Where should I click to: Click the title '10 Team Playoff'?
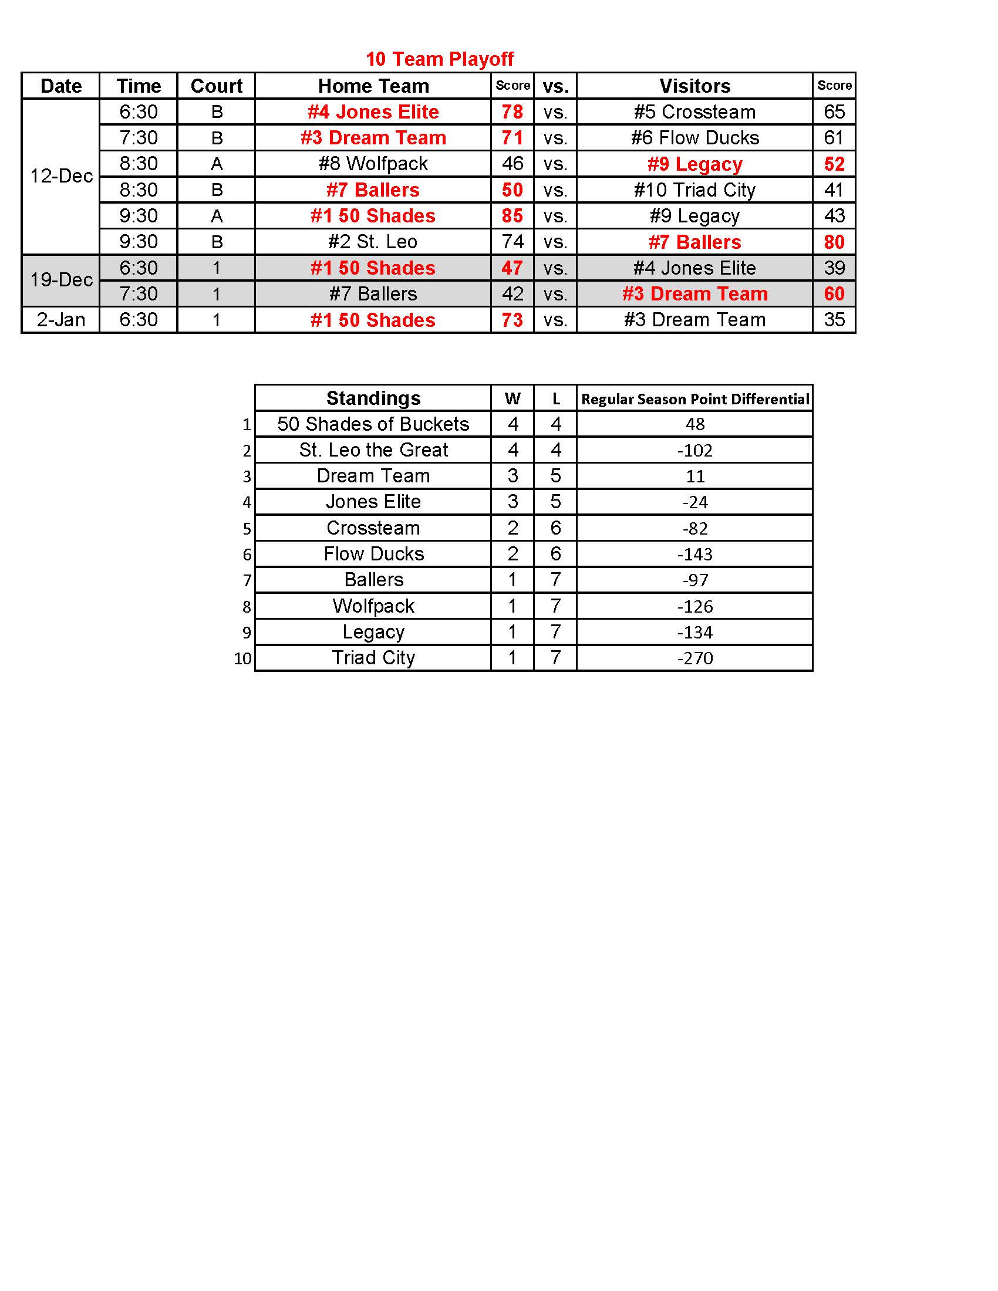point(439,59)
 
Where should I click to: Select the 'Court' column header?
point(217,86)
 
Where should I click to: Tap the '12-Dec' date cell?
point(61,176)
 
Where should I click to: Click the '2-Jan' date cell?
point(61,320)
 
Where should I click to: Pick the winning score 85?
point(512,216)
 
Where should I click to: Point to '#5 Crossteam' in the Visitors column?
point(694,111)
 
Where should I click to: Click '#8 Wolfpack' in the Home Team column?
point(373,164)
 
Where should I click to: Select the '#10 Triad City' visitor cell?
point(694,190)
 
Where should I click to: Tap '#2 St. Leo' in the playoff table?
point(373,242)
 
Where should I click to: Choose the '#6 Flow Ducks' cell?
point(694,138)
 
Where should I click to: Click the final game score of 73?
point(512,320)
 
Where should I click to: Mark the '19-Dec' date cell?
point(61,280)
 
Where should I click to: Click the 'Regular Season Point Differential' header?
point(694,399)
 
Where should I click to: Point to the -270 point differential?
point(694,658)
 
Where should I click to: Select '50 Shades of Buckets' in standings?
point(373,424)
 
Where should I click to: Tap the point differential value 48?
point(694,424)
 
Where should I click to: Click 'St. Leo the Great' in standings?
point(373,450)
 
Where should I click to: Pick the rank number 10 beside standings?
point(242,658)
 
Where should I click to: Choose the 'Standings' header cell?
point(373,398)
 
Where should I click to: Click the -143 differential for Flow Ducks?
point(694,554)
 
